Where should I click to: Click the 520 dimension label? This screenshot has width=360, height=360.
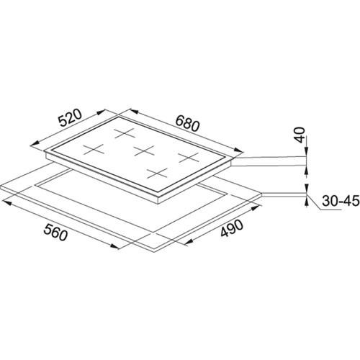[x=71, y=118]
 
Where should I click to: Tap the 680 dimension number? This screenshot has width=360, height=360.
[x=187, y=123]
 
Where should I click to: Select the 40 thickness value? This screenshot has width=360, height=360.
[x=300, y=135]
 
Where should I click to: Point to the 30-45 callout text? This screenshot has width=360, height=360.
[x=341, y=201]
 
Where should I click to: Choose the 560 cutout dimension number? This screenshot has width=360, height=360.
[x=55, y=232]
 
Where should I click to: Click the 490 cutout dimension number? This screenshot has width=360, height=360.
[x=232, y=228]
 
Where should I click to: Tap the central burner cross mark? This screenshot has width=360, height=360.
[x=144, y=150]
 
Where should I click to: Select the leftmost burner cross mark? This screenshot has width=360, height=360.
[x=94, y=150]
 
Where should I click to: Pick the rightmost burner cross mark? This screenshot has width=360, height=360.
[x=189, y=158]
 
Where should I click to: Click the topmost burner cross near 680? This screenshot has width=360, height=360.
[x=124, y=133]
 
